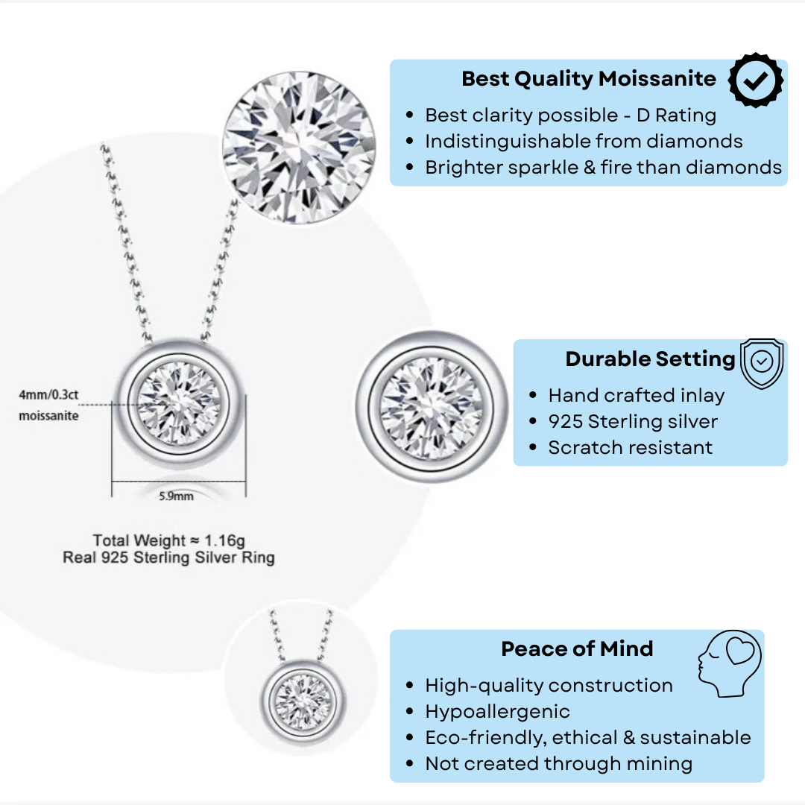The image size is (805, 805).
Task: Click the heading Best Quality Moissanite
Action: [588, 79]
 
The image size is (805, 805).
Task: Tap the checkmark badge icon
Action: [755, 80]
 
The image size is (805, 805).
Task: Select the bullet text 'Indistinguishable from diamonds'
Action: [584, 142]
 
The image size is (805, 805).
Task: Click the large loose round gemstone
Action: [299, 147]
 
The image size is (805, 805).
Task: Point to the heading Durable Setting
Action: [650, 359]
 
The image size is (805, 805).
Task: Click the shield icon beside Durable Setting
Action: [761, 363]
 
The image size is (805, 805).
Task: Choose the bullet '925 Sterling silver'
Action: [633, 422]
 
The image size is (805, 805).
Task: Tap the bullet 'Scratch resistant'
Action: [630, 448]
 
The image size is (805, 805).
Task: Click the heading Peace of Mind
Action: [577, 649]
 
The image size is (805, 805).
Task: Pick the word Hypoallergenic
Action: [497, 712]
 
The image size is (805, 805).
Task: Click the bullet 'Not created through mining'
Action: [558, 764]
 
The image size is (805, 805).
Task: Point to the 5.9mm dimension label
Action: [176, 496]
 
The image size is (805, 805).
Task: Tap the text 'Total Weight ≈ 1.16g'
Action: [168, 540]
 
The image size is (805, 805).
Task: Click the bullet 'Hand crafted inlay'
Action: [636, 396]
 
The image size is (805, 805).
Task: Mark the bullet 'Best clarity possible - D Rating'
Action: [570, 116]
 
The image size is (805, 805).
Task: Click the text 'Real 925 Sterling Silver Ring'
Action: [168, 558]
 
